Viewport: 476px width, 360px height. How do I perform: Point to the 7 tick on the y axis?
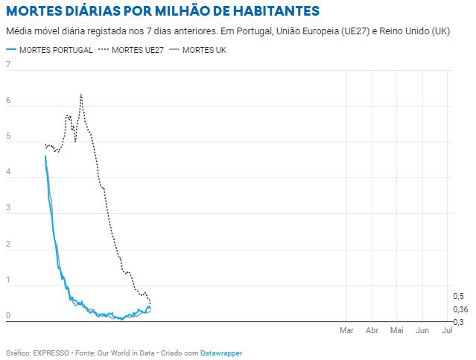8,64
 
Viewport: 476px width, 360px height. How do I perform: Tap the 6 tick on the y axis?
8,101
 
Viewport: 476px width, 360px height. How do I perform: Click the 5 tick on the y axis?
8,136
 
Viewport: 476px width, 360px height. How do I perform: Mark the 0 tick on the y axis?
8,316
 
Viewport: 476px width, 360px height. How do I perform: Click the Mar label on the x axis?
346,329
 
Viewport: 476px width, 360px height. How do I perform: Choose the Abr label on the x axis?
372,329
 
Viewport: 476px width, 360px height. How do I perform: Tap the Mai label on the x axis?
397,329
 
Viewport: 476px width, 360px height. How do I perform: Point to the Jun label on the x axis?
422,329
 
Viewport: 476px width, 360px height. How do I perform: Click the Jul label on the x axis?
447,329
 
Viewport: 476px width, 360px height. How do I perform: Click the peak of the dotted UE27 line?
80,95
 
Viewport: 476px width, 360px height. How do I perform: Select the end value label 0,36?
460,309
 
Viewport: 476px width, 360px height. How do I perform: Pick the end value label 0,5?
459,297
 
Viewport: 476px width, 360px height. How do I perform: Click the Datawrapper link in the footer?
221,353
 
